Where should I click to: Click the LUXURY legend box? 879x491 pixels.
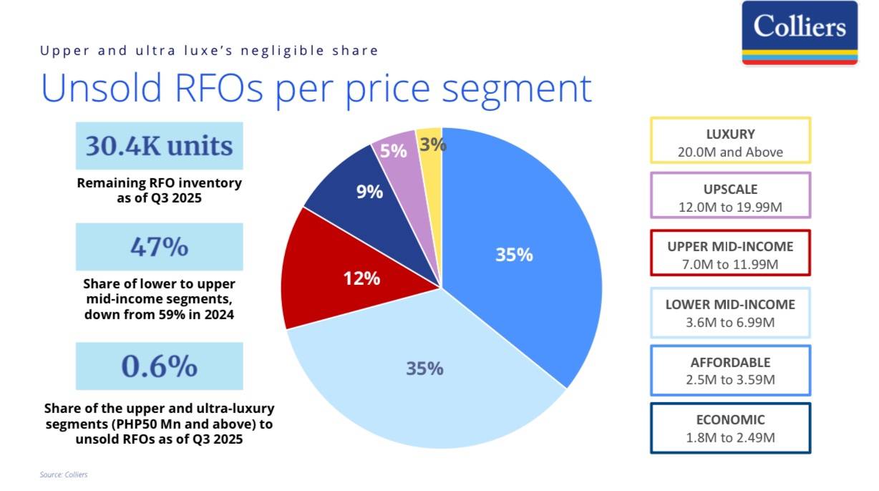click(730, 141)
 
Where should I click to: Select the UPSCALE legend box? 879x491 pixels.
click(730, 195)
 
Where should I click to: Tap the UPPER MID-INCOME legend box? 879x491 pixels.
click(730, 253)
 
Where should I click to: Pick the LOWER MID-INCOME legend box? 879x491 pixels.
click(730, 312)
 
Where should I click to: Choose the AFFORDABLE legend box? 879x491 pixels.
click(730, 370)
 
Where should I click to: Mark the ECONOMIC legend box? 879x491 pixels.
click(730, 428)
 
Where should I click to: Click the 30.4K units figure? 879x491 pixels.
click(160, 145)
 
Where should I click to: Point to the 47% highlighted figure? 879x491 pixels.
click(160, 246)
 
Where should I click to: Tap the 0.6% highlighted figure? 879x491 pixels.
click(160, 366)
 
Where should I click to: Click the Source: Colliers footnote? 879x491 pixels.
click(64, 475)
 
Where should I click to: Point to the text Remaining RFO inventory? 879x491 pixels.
click(160, 183)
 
